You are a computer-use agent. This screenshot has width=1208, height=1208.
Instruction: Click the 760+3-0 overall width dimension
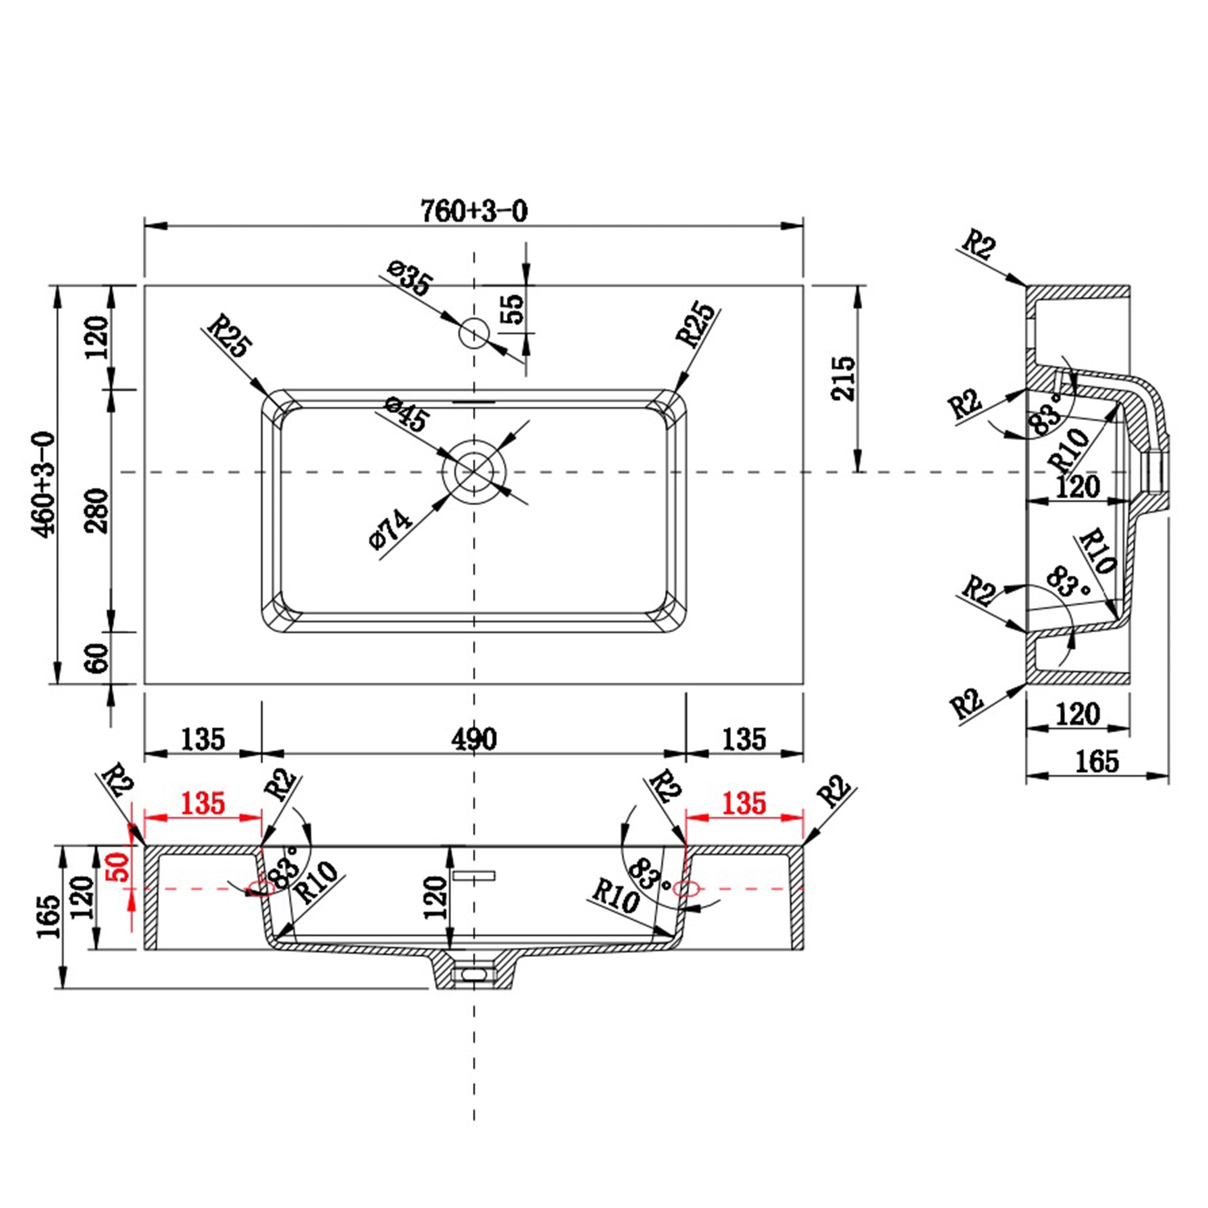474,211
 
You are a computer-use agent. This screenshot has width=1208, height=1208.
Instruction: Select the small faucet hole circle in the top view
474,333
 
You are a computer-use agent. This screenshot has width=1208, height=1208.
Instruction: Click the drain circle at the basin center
474,472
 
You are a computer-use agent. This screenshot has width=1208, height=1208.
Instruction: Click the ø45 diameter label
406,413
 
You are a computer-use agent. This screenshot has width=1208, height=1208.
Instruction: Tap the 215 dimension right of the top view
842,378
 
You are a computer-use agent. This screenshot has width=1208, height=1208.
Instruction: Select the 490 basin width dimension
474,739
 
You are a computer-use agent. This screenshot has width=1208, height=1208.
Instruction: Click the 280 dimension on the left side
97,510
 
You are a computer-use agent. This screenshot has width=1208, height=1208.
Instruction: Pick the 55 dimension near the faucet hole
513,309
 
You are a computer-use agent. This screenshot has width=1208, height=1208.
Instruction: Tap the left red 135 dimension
202,803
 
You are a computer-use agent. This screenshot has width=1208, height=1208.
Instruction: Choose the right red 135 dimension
744,803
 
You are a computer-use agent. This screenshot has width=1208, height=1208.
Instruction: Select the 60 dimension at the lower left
97,658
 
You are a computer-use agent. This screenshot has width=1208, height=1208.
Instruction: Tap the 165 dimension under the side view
1097,761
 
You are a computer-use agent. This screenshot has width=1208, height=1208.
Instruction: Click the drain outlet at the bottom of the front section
474,974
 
